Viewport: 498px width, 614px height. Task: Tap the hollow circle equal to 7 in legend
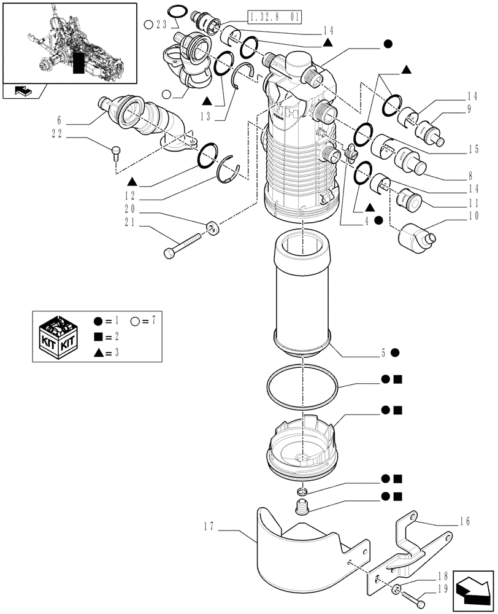click(x=135, y=320)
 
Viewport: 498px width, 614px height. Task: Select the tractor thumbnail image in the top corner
click(x=69, y=42)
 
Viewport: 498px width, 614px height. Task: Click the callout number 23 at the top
click(x=161, y=25)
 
